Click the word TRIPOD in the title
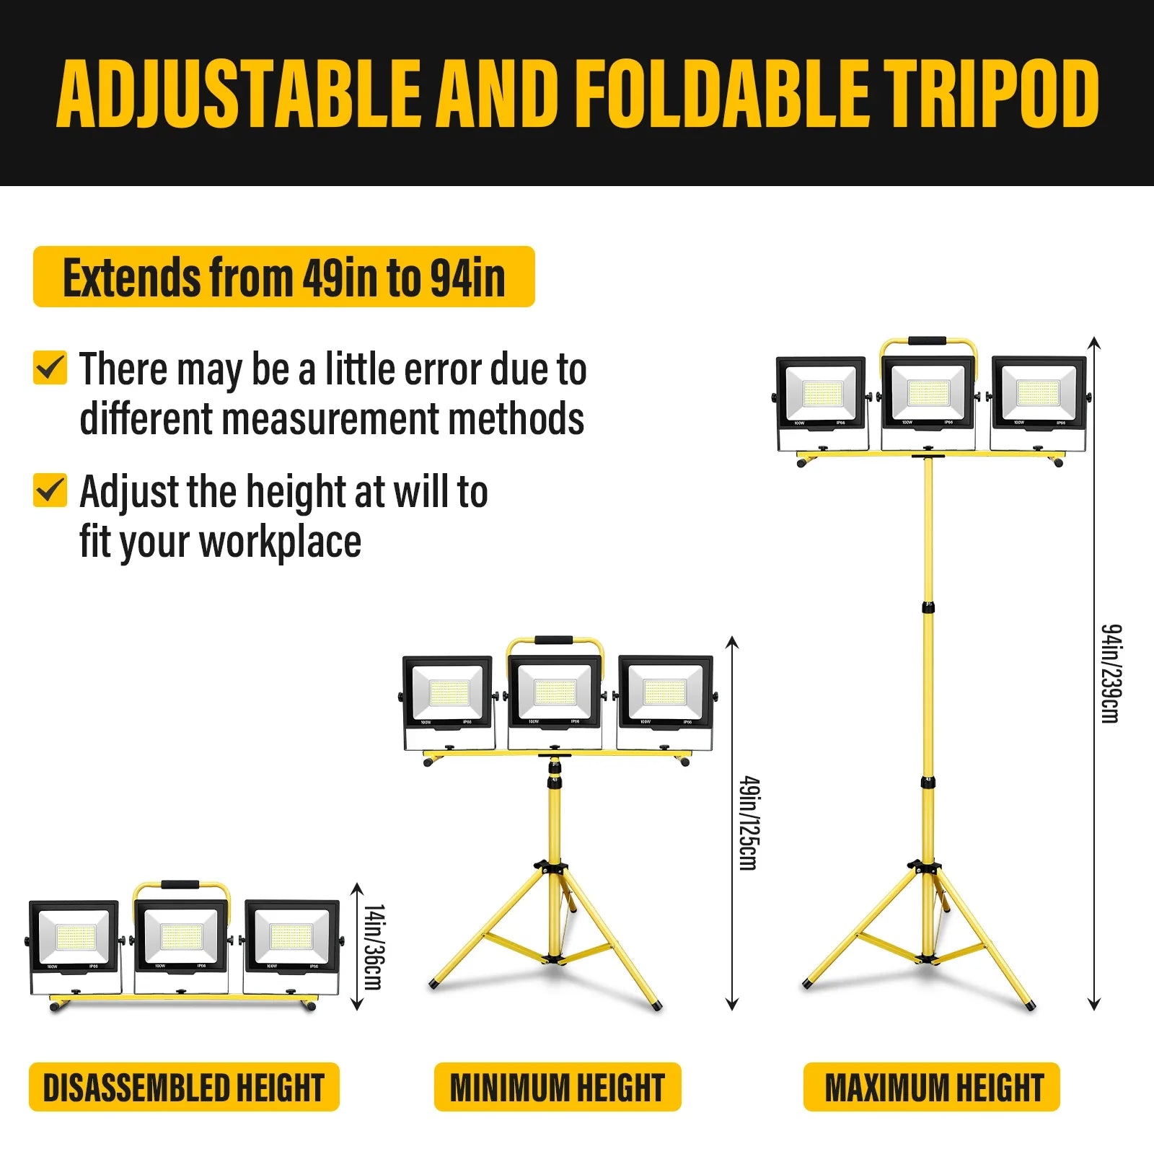992,93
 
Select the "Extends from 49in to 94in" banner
284,277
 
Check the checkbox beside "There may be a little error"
50,368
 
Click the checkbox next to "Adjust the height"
50,490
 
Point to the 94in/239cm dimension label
1111,673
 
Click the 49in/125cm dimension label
750,823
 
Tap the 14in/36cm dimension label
374,947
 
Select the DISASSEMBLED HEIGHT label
184,1087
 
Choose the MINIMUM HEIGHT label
558,1087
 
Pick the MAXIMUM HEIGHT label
932,1087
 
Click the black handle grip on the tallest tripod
928,341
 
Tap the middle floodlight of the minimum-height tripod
554,700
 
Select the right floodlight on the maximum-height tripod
1039,402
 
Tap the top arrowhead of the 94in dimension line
1094,343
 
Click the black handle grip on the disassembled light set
180,885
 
